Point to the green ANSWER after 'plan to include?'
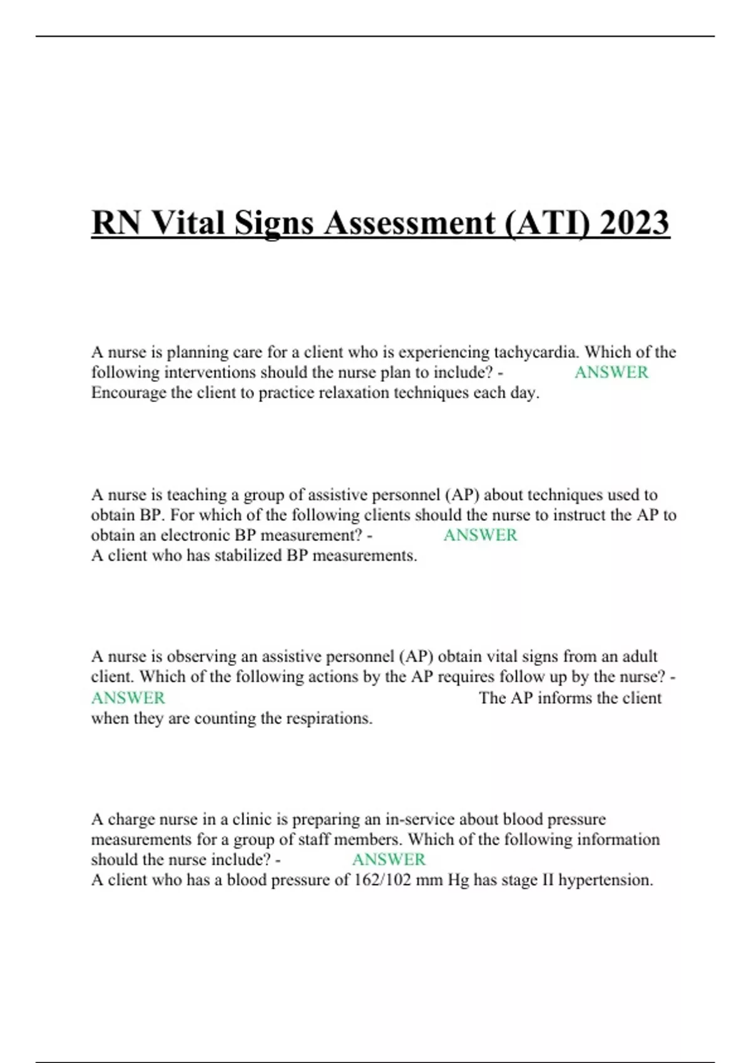[x=611, y=373]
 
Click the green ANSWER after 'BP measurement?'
[x=480, y=535]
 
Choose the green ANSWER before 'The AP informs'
[x=128, y=698]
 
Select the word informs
[x=561, y=698]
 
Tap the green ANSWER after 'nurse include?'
[x=389, y=860]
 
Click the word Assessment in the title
[x=409, y=223]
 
